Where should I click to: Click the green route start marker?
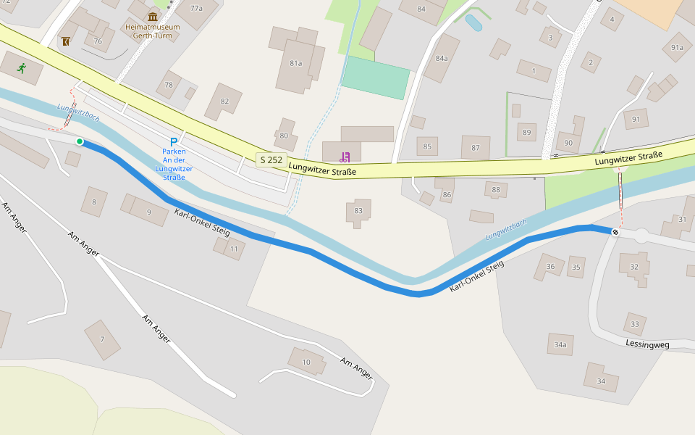(80, 141)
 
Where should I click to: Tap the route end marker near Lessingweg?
(615, 232)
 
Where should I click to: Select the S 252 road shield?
(271, 159)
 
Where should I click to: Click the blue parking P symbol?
(174, 141)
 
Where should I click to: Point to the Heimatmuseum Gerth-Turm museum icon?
(152, 17)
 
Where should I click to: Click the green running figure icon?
(22, 68)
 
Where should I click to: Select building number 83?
(358, 211)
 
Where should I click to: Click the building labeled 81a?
(296, 63)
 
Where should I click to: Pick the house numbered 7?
(102, 339)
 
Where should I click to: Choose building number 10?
(306, 362)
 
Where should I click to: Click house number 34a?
(560, 345)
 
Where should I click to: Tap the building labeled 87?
(476, 147)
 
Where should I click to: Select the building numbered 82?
(224, 101)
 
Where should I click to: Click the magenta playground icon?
(345, 157)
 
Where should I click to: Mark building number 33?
(635, 323)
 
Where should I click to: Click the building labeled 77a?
(196, 9)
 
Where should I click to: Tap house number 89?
(526, 132)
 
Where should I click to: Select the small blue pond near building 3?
(473, 22)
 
